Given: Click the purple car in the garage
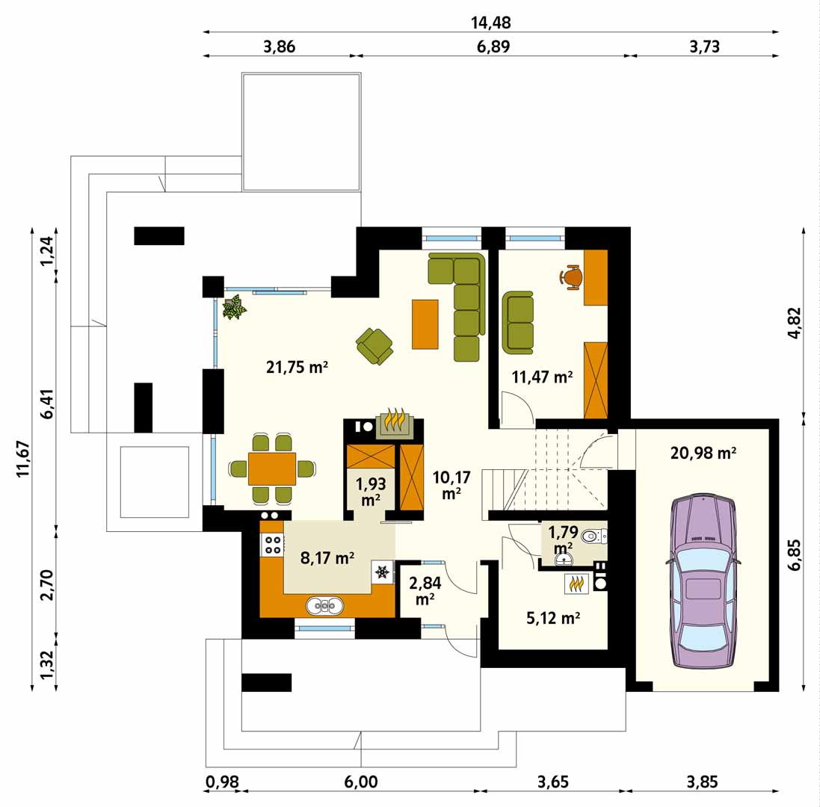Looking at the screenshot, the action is coord(703,582).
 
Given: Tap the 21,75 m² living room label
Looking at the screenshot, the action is coord(297,367).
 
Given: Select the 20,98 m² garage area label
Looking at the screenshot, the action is coord(703,453).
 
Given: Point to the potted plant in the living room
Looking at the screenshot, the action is coord(234,306).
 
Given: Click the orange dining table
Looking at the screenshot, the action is coord(272,469).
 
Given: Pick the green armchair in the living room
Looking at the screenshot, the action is coord(374,347).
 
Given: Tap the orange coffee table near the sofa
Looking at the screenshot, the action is coord(425,324).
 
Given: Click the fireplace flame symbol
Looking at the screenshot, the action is coord(395,419).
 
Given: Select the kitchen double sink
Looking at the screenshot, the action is coord(324,605).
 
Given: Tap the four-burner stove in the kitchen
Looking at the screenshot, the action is coord(272,544).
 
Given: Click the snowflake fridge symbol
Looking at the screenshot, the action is coord(383,572).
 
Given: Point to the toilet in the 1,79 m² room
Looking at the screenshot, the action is coord(594,535).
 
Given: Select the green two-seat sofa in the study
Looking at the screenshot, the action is coord(518,323).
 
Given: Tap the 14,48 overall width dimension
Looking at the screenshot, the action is coord(490,22).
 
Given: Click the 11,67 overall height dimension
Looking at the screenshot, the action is coord(23,459).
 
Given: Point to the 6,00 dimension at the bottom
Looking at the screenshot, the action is coord(361,782).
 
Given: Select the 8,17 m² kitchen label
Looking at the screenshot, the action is coord(327,557).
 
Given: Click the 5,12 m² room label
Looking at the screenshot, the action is coord(552,618).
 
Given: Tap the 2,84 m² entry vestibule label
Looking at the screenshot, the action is coord(425,590).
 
